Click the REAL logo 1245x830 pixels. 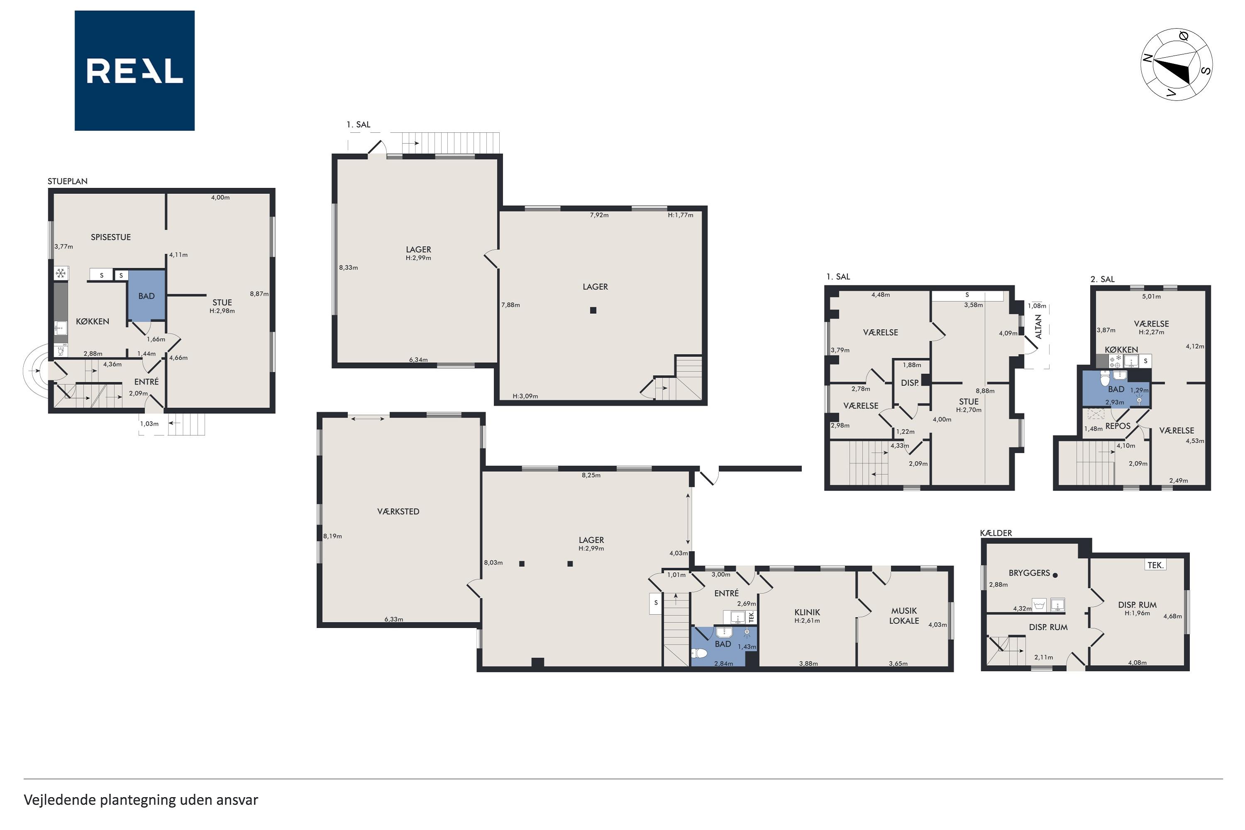134,71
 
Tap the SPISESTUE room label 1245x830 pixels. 111,237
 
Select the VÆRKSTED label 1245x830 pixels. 398,511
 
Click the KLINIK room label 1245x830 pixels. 807,612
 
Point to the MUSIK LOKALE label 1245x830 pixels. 904,615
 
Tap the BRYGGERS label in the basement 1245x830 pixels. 1029,573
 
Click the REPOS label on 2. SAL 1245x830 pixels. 1118,426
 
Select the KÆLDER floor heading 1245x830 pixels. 996,533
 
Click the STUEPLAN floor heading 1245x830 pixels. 67,181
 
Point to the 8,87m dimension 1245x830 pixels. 259,294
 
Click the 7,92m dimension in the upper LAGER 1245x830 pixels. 599,215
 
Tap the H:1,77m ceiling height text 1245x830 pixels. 680,215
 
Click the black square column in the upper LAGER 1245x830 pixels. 593,310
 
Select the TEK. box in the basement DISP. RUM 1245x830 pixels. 1155,565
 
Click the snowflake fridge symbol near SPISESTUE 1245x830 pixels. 61,273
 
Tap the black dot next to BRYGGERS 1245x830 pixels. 1055,575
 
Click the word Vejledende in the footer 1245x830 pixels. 59,800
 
